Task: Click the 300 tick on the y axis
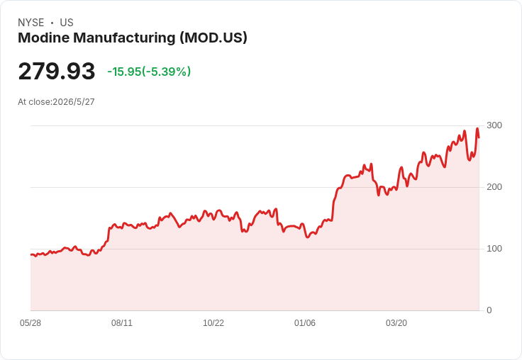pyautogui.click(x=494, y=125)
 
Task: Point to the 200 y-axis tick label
pyautogui.click(x=494, y=187)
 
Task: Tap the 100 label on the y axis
pyautogui.click(x=494, y=249)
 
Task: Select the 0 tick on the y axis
pyautogui.click(x=489, y=310)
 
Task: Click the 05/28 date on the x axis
pyautogui.click(x=30, y=323)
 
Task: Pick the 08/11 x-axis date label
pyautogui.click(x=122, y=323)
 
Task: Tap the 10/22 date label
pyautogui.click(x=213, y=323)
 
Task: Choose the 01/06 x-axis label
pyautogui.click(x=304, y=323)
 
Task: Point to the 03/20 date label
pyautogui.click(x=396, y=323)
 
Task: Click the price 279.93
pyautogui.click(x=57, y=71)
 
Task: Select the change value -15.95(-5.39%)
pyautogui.click(x=149, y=72)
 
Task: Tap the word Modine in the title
pyautogui.click(x=43, y=38)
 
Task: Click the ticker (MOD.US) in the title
pyautogui.click(x=213, y=38)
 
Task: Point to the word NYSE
pyautogui.click(x=31, y=23)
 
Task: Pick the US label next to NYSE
pyautogui.click(x=67, y=23)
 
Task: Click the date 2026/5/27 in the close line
pyautogui.click(x=74, y=102)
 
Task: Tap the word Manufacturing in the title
pyautogui.click(x=124, y=38)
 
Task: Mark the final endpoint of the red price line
pyautogui.click(x=479, y=137)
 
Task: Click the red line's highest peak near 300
pyautogui.click(x=477, y=128)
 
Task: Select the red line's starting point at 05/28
pyautogui.click(x=31, y=254)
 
